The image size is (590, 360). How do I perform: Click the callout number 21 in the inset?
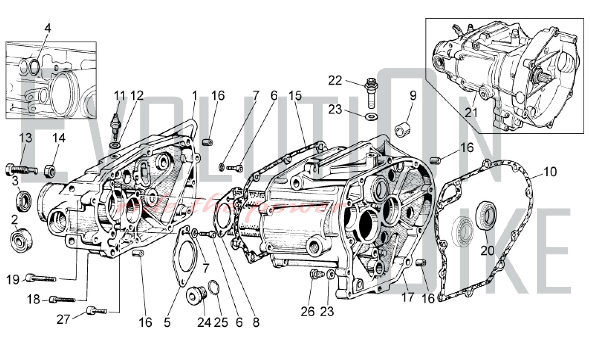click(x=471, y=113)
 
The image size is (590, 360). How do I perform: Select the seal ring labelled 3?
click(x=24, y=201)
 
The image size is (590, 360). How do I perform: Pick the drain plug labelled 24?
click(x=196, y=295)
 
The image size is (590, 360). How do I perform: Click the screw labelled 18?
click(x=62, y=300)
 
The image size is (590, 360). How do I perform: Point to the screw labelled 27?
click(x=96, y=311)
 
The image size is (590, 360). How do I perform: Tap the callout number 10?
click(x=550, y=172)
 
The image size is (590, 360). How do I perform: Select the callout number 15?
click(x=295, y=96)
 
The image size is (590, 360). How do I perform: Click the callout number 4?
click(x=47, y=28)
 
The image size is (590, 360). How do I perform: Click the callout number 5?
click(x=167, y=322)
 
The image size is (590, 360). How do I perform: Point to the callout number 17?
click(x=408, y=297)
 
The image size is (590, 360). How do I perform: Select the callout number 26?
click(x=307, y=312)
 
